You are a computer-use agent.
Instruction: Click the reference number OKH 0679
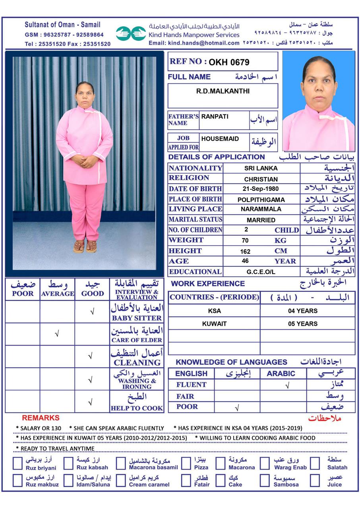[x=229, y=62]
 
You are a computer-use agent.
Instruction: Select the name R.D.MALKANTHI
[x=223, y=91]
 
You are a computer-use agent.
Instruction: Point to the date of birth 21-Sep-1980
[x=261, y=189]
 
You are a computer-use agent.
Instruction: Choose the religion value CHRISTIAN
[x=261, y=179]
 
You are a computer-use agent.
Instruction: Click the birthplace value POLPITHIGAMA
[x=261, y=200]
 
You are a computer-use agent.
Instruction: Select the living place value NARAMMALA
[x=261, y=209]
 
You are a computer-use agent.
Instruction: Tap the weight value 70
[x=245, y=241]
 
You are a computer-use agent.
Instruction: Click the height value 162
[x=245, y=251]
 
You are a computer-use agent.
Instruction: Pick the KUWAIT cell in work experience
[x=214, y=324]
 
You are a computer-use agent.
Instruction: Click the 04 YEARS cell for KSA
[x=303, y=311]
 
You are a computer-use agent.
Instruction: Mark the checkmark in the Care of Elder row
[x=57, y=334]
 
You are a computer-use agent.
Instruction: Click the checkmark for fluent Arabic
[x=287, y=385]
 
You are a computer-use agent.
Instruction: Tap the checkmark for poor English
[x=237, y=408]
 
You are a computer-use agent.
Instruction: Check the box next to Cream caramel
[x=121, y=480]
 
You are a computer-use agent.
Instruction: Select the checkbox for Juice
[x=315, y=480]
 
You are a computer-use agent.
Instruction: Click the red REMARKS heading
[x=41, y=418]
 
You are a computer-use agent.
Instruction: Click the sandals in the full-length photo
[x=85, y=247]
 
